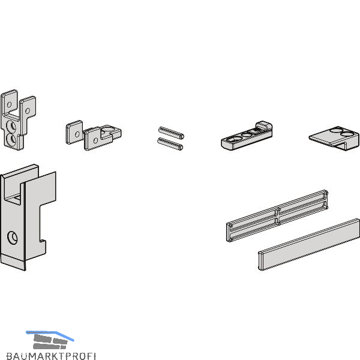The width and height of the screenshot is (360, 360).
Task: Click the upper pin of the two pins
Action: tap(171, 133)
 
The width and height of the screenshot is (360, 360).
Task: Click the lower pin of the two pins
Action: tap(170, 144)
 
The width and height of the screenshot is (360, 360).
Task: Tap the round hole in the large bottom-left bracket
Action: tap(13, 238)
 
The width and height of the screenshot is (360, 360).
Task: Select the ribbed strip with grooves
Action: tap(277, 216)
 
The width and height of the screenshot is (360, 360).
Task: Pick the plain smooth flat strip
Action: tap(309, 245)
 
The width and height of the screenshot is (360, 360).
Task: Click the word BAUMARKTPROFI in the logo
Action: tap(51, 356)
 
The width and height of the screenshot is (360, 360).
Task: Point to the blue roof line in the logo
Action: tap(50, 335)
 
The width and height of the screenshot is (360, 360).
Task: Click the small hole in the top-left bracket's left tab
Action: tap(9, 104)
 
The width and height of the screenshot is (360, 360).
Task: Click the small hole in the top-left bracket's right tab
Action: tap(28, 111)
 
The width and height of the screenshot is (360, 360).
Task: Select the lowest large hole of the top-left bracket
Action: tap(11, 139)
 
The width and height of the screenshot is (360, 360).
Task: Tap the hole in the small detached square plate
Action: tap(77, 134)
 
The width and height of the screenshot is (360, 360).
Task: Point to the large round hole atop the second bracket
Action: tap(107, 129)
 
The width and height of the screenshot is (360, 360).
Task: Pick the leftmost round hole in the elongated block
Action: tap(234, 139)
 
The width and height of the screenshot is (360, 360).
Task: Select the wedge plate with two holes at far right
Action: tap(334, 139)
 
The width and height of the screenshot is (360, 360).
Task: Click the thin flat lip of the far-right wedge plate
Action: tap(320, 139)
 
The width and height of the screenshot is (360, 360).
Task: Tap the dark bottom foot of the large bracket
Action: tap(13, 262)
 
